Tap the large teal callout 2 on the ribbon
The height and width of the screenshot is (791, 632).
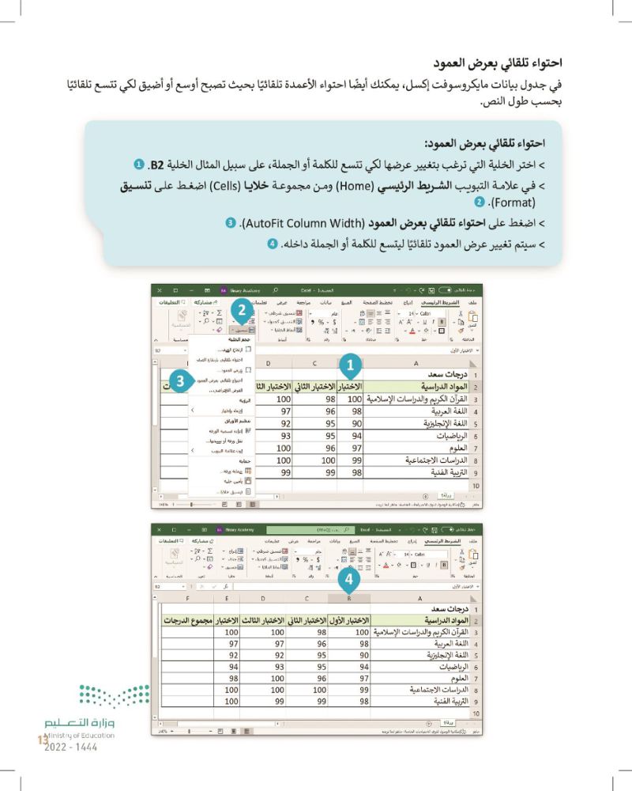point(243,310)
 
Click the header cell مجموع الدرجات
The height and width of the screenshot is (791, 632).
point(188,621)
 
